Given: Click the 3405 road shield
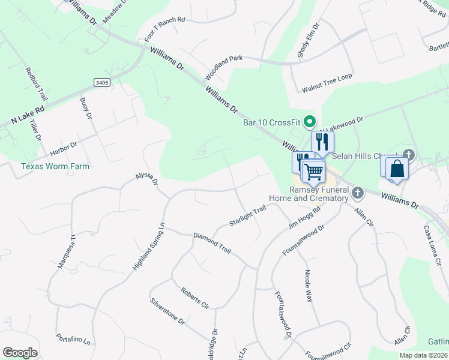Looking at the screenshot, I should [102, 82].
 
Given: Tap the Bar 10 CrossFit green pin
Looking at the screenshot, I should [310, 122].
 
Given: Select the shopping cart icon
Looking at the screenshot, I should [313, 172].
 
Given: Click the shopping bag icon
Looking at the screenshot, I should [397, 168].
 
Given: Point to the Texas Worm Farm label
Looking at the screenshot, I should [55, 166].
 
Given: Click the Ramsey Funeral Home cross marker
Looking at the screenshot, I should [358, 193].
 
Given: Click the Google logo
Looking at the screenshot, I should [20, 353].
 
